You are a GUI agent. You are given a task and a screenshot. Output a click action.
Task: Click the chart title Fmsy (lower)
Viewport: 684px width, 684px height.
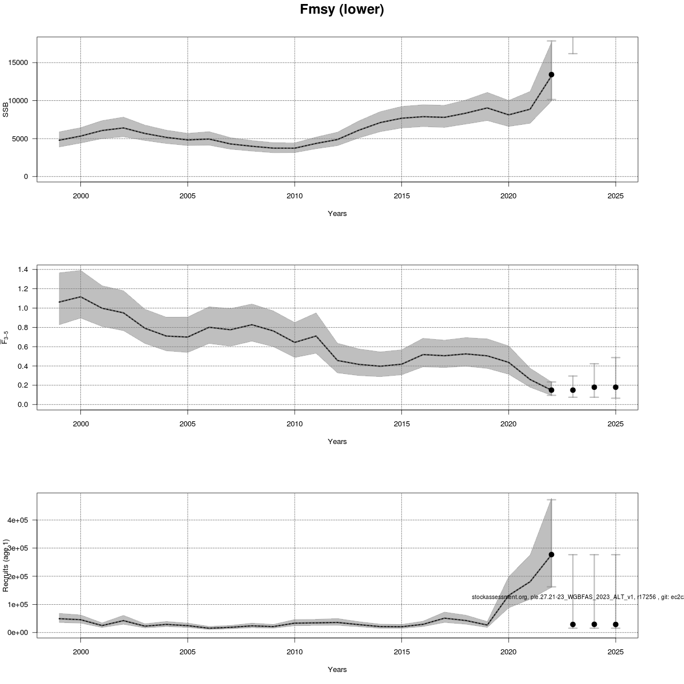coord(341,10)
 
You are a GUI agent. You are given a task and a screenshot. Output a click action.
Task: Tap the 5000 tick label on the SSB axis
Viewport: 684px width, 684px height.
coord(19,139)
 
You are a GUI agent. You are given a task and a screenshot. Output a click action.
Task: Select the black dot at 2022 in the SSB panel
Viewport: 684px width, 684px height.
coord(551,75)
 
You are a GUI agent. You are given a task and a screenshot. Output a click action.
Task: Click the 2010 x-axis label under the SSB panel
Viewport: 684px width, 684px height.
coord(295,196)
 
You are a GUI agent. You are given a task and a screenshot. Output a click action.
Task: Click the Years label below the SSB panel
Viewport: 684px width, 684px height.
coord(337,214)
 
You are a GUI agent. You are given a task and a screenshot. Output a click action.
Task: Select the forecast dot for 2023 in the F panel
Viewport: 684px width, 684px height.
coord(573,390)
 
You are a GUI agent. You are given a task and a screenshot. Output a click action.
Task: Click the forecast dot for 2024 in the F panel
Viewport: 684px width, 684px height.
coord(594,387)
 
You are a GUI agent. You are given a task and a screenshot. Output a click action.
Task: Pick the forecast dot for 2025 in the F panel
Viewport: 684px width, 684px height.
coord(616,387)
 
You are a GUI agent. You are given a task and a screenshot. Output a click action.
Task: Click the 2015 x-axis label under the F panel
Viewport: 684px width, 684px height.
coord(401,424)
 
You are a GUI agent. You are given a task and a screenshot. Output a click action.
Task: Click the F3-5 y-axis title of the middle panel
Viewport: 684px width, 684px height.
coord(6,336)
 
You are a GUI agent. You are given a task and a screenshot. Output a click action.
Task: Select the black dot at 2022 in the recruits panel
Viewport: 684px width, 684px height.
coord(551,554)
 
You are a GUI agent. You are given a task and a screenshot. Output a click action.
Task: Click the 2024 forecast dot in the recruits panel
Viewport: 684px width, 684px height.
coord(594,624)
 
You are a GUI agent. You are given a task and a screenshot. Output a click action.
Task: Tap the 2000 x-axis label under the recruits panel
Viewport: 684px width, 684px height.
coord(80,652)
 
